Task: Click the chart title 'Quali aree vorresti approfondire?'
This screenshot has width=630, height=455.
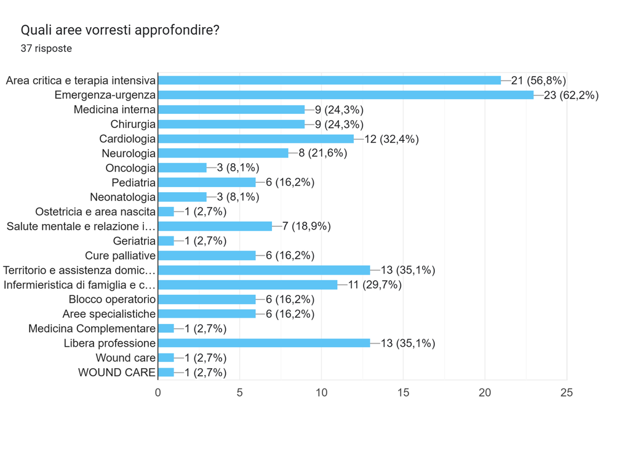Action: [120, 30]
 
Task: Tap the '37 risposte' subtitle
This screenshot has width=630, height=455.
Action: [46, 48]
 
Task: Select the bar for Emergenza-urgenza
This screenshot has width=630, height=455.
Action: [346, 95]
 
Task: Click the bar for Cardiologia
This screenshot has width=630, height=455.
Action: [256, 139]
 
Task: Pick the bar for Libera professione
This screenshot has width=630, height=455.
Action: [264, 343]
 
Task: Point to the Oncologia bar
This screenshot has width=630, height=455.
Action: [182, 167]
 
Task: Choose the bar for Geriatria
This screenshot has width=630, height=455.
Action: [166, 241]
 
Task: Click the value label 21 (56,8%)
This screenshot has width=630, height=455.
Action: [538, 81]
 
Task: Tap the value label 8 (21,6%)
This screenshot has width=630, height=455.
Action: [322, 153]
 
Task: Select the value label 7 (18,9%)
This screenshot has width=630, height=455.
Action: [306, 227]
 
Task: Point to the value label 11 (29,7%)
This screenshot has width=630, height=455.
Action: [375, 284]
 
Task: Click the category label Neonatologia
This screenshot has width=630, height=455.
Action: [122, 197]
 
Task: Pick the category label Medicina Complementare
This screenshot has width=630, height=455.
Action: [92, 328]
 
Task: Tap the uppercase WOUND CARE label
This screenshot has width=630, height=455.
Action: [116, 372]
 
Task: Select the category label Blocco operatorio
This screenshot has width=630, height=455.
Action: [112, 299]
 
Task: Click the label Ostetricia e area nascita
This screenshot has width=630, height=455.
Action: [95, 211]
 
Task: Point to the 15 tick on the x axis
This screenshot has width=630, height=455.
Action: [403, 393]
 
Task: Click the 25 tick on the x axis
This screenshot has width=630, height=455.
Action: [567, 393]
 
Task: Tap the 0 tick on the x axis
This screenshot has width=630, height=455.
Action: [158, 393]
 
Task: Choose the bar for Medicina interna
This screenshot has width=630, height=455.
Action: [231, 110]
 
